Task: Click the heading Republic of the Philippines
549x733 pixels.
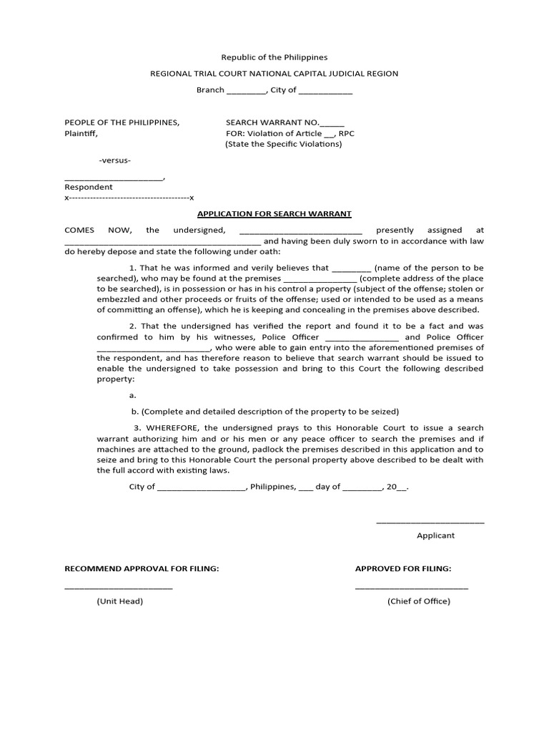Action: [x=274, y=57]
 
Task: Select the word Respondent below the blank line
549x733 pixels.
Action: [x=89, y=187]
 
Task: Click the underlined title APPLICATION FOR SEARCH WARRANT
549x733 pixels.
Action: [x=274, y=214]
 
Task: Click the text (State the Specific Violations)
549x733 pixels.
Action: [x=284, y=144]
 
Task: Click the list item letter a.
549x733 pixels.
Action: [x=132, y=395]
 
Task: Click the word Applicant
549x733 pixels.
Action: [x=435, y=535]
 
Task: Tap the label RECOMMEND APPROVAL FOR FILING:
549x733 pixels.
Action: [x=142, y=568]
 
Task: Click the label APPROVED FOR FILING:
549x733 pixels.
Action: [x=403, y=568]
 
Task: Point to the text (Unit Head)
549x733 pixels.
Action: [x=120, y=601]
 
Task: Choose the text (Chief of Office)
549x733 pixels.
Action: [x=419, y=601]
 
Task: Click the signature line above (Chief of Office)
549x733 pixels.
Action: [x=412, y=588]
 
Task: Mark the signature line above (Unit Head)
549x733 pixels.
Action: [x=119, y=588]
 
